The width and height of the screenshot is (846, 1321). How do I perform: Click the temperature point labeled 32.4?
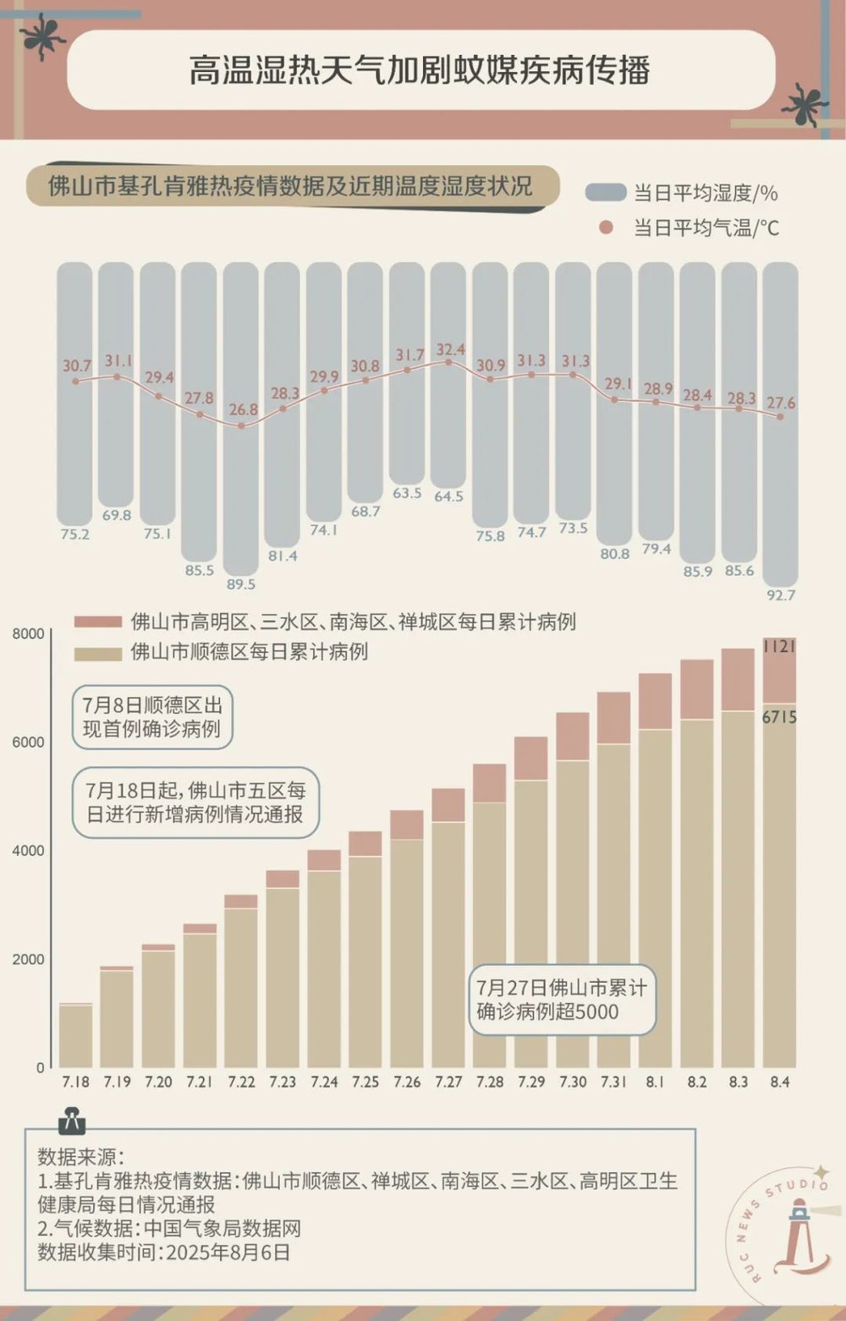[x=448, y=362]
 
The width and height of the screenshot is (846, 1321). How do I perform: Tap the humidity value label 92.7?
[x=780, y=595]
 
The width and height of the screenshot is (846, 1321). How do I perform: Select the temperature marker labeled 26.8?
[x=242, y=425]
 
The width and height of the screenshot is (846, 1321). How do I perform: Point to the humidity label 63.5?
[x=407, y=492]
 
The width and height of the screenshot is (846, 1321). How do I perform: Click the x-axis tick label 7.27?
[x=448, y=1083]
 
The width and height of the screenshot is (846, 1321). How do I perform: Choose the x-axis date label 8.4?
[x=779, y=1083]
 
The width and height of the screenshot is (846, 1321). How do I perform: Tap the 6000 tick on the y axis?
[x=28, y=743]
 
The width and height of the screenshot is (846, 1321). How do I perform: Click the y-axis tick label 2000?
[x=28, y=960]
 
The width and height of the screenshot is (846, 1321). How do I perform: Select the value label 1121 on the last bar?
[x=778, y=647]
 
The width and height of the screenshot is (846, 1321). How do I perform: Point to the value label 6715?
[x=778, y=717]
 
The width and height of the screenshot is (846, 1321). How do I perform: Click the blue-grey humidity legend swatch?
[x=606, y=193]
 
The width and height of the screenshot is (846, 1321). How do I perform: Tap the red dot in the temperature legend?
[x=606, y=227]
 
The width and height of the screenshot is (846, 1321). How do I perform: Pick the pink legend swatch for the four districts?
[x=98, y=622]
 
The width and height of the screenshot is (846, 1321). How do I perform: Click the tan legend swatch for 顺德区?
[x=98, y=653]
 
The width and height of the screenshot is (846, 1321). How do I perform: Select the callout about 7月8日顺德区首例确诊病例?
[x=152, y=717]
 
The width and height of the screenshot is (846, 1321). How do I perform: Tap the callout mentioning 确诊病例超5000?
[x=562, y=1000]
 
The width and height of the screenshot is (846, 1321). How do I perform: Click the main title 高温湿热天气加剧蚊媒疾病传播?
[x=420, y=70]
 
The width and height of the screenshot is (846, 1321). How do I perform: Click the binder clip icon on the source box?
[x=70, y=1121]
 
